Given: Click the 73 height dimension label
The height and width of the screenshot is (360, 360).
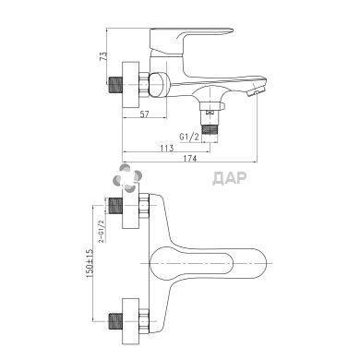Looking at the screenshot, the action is (x=103, y=56).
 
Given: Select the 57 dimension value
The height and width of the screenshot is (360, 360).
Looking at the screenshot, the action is (x=144, y=114).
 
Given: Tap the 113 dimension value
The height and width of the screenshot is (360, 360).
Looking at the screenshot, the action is (x=167, y=148).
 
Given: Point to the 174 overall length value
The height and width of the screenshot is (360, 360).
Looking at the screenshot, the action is (x=190, y=159).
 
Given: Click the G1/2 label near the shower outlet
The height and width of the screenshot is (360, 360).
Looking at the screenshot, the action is (x=189, y=137).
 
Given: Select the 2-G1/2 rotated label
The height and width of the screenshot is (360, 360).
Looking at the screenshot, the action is (x=101, y=231).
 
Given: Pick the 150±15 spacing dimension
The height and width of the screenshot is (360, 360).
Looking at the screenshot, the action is (x=89, y=264).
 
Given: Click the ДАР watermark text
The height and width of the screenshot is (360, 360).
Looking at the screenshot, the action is (x=230, y=178).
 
